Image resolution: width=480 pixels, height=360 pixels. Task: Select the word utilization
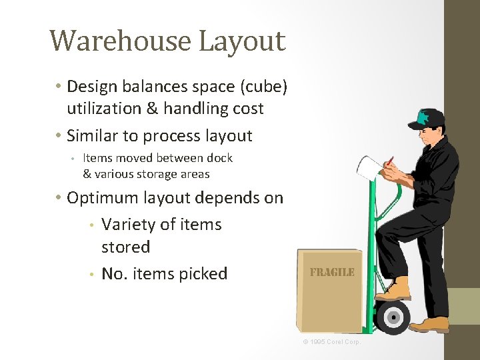[x=104, y=109]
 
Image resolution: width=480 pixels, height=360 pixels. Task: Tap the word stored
[x=125, y=247]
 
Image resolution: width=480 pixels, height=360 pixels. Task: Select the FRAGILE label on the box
[x=331, y=272]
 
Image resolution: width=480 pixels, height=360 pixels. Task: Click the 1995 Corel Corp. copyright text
[x=332, y=342]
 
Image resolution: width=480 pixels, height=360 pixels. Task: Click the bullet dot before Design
[x=59, y=87]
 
